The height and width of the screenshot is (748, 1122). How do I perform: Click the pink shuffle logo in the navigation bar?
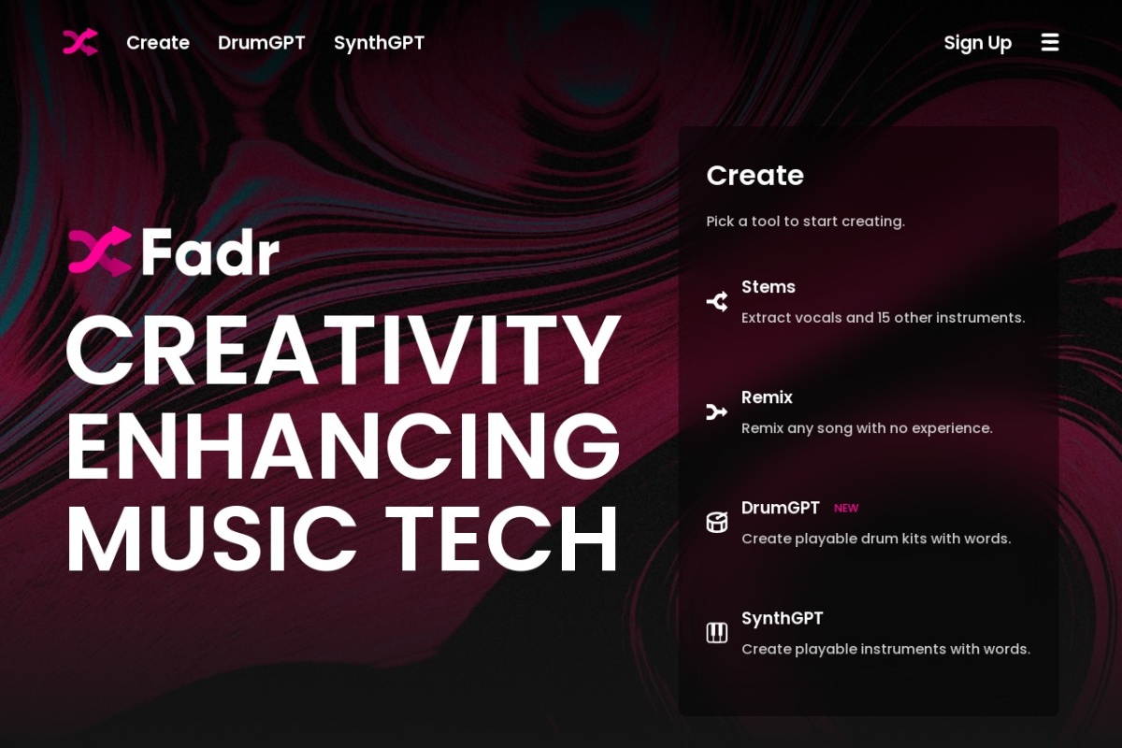click(80, 42)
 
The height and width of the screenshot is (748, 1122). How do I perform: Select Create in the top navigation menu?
click(158, 43)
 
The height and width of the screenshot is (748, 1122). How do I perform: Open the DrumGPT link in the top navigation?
click(262, 43)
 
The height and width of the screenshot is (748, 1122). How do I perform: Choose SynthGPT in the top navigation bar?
click(380, 43)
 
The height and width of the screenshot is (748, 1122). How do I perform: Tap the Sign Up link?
click(978, 44)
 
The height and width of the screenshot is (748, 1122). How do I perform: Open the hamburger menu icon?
click(1050, 42)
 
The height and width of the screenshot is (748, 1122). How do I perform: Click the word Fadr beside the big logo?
click(210, 252)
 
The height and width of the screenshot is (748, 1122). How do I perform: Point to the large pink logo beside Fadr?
click(100, 252)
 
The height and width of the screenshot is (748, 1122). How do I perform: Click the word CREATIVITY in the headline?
click(343, 350)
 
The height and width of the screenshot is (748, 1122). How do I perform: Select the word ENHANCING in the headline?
click(343, 445)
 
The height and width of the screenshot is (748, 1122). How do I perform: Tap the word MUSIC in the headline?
click(212, 539)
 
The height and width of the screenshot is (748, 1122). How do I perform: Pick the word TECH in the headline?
click(501, 539)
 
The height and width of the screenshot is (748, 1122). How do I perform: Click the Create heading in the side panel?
click(755, 176)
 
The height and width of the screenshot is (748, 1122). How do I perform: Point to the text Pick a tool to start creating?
click(805, 221)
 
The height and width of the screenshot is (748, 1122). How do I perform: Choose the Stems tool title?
click(769, 286)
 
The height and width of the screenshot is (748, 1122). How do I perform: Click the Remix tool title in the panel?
click(767, 397)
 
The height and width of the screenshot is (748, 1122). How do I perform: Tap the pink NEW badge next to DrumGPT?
click(846, 508)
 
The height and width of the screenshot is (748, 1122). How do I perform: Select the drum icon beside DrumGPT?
click(717, 523)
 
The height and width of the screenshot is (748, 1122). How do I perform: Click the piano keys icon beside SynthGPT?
click(717, 633)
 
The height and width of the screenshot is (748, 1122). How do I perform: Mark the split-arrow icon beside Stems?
click(717, 302)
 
